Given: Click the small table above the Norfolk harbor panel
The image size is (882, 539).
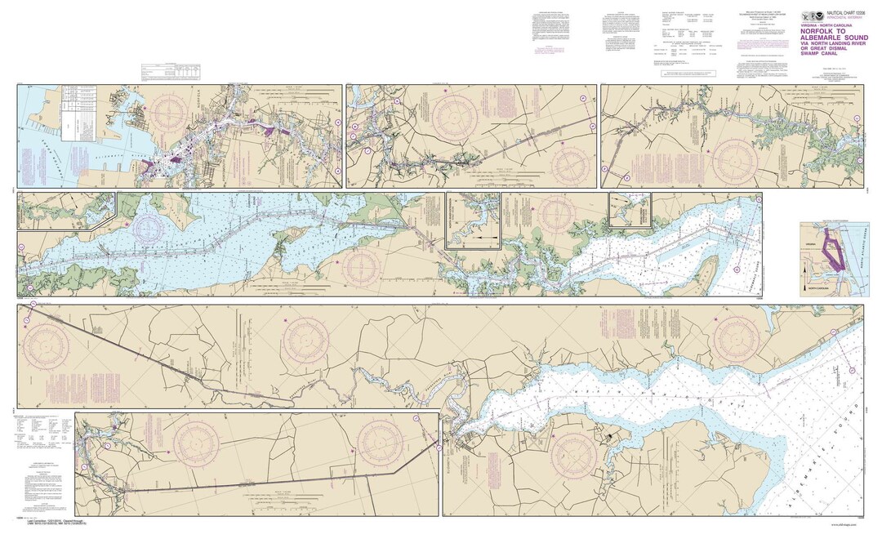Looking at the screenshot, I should click(x=164, y=72).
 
